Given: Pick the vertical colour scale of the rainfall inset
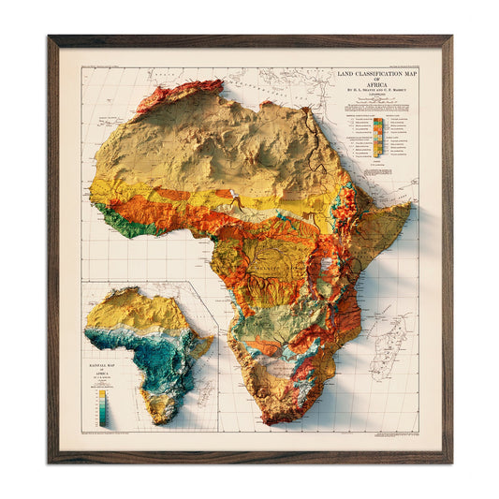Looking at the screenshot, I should click(x=101, y=404).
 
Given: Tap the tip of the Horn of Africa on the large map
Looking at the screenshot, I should click(x=410, y=206).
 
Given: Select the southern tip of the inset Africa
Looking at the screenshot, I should click(x=160, y=418).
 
